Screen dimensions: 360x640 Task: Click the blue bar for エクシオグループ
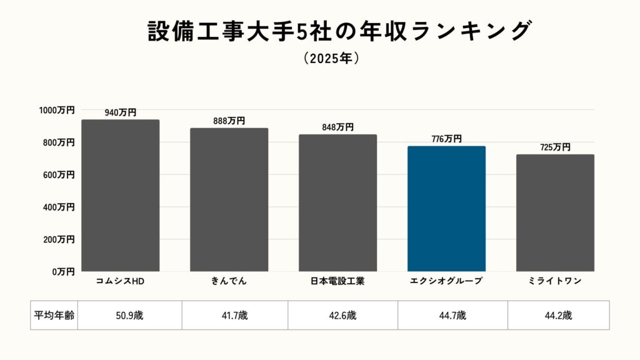point(446,209)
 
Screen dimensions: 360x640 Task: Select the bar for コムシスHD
point(121,196)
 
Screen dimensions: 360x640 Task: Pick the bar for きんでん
point(229,200)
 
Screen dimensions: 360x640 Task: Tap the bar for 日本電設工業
point(337,203)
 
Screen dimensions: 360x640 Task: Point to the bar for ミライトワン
point(555,213)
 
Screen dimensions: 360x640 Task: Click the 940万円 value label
point(121,112)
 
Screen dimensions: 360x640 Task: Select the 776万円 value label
point(446,139)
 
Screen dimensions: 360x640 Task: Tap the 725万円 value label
point(555,147)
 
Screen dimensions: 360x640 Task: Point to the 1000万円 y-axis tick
point(57,110)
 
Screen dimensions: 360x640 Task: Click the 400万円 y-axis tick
point(59,207)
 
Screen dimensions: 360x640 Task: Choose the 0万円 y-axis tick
point(64,272)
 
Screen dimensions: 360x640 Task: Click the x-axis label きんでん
point(229,281)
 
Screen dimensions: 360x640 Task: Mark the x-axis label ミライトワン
point(555,281)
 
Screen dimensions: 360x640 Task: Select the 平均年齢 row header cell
point(54,315)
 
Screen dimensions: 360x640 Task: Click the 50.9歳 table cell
point(130,315)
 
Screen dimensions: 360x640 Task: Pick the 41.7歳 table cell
point(235,315)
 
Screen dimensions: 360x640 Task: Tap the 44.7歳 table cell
point(452,315)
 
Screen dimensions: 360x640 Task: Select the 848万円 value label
point(337,127)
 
